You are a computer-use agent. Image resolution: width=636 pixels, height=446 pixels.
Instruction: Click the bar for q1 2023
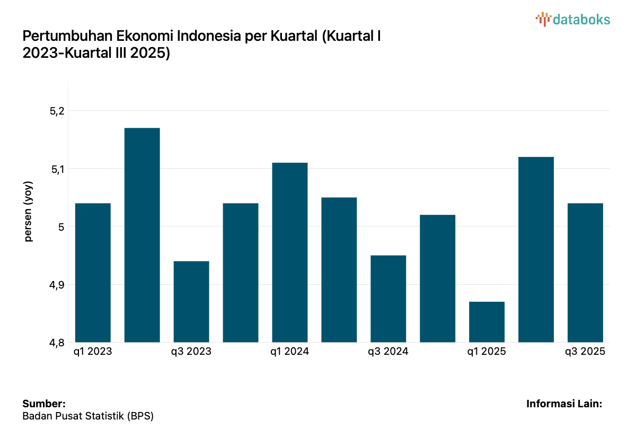[93, 273]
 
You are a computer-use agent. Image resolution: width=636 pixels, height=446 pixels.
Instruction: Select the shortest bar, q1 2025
[487, 322]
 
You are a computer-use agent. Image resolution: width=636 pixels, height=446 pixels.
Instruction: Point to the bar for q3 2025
[585, 273]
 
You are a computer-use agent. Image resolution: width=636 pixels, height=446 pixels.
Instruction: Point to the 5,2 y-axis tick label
[57, 111]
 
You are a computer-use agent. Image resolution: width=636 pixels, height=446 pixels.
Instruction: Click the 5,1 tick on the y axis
[57, 169]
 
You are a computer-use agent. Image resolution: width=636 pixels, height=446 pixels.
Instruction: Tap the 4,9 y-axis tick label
[57, 285]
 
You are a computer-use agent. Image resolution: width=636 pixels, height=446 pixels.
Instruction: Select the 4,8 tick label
[57, 343]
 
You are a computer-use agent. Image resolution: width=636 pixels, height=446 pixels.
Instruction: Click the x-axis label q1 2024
[290, 352]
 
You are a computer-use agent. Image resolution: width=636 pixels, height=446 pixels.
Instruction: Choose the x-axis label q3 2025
[585, 352]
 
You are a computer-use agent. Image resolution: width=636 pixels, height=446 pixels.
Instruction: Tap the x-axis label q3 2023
[191, 352]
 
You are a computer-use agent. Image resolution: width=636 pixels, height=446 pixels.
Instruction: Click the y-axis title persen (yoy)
[29, 212]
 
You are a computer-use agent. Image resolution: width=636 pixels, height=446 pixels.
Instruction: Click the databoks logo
[573, 20]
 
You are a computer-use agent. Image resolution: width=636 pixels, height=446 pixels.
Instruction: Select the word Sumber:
[44, 404]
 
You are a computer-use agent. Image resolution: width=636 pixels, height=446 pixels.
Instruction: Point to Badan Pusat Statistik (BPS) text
[88, 416]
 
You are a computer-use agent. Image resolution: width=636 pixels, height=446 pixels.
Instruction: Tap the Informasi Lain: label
[564, 404]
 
